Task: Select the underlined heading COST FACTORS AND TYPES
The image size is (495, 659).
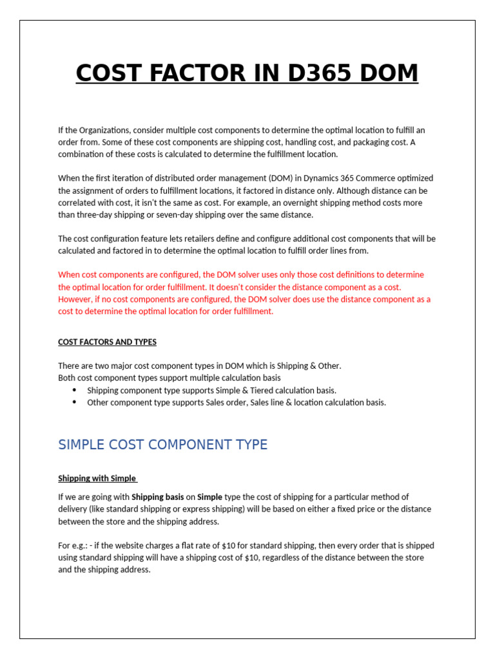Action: (x=107, y=342)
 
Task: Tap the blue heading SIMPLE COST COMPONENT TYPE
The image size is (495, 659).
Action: (x=162, y=445)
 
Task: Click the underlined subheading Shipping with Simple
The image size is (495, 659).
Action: (x=97, y=478)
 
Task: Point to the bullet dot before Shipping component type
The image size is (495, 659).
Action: (x=74, y=390)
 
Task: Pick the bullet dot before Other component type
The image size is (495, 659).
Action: (x=74, y=402)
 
